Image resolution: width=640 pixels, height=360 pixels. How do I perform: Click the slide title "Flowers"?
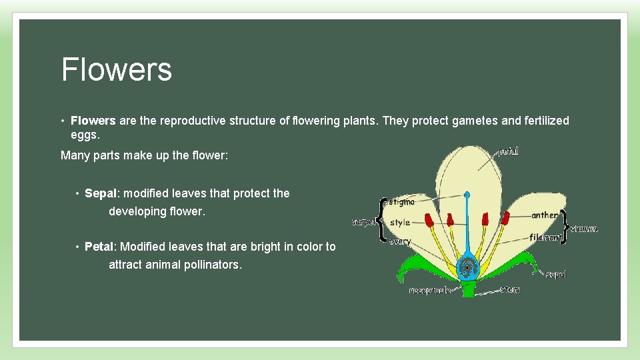coord(117,69)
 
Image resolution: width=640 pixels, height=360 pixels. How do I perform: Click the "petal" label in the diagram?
coord(508,151)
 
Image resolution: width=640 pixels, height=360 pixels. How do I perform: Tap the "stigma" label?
coord(401,201)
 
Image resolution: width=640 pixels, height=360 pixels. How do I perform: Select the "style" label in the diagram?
coord(400,222)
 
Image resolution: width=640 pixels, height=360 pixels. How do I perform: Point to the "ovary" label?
coord(400,241)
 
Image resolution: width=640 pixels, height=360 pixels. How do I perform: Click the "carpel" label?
coord(363,222)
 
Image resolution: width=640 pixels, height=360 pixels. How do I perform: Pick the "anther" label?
coord(545,215)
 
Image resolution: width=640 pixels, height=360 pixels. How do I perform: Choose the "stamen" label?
coord(584,229)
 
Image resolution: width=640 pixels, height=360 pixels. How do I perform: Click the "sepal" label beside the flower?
coord(556,273)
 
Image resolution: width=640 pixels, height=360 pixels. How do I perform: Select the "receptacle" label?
coord(430,291)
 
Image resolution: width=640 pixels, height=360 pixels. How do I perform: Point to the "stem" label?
coord(510,290)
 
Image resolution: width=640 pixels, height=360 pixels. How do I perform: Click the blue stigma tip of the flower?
coord(467,195)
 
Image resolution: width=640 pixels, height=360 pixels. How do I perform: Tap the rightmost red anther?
coord(506,217)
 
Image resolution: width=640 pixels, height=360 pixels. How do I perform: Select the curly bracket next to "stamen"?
coord(565,227)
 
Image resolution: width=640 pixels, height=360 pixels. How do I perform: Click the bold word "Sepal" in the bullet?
coord(101,193)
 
